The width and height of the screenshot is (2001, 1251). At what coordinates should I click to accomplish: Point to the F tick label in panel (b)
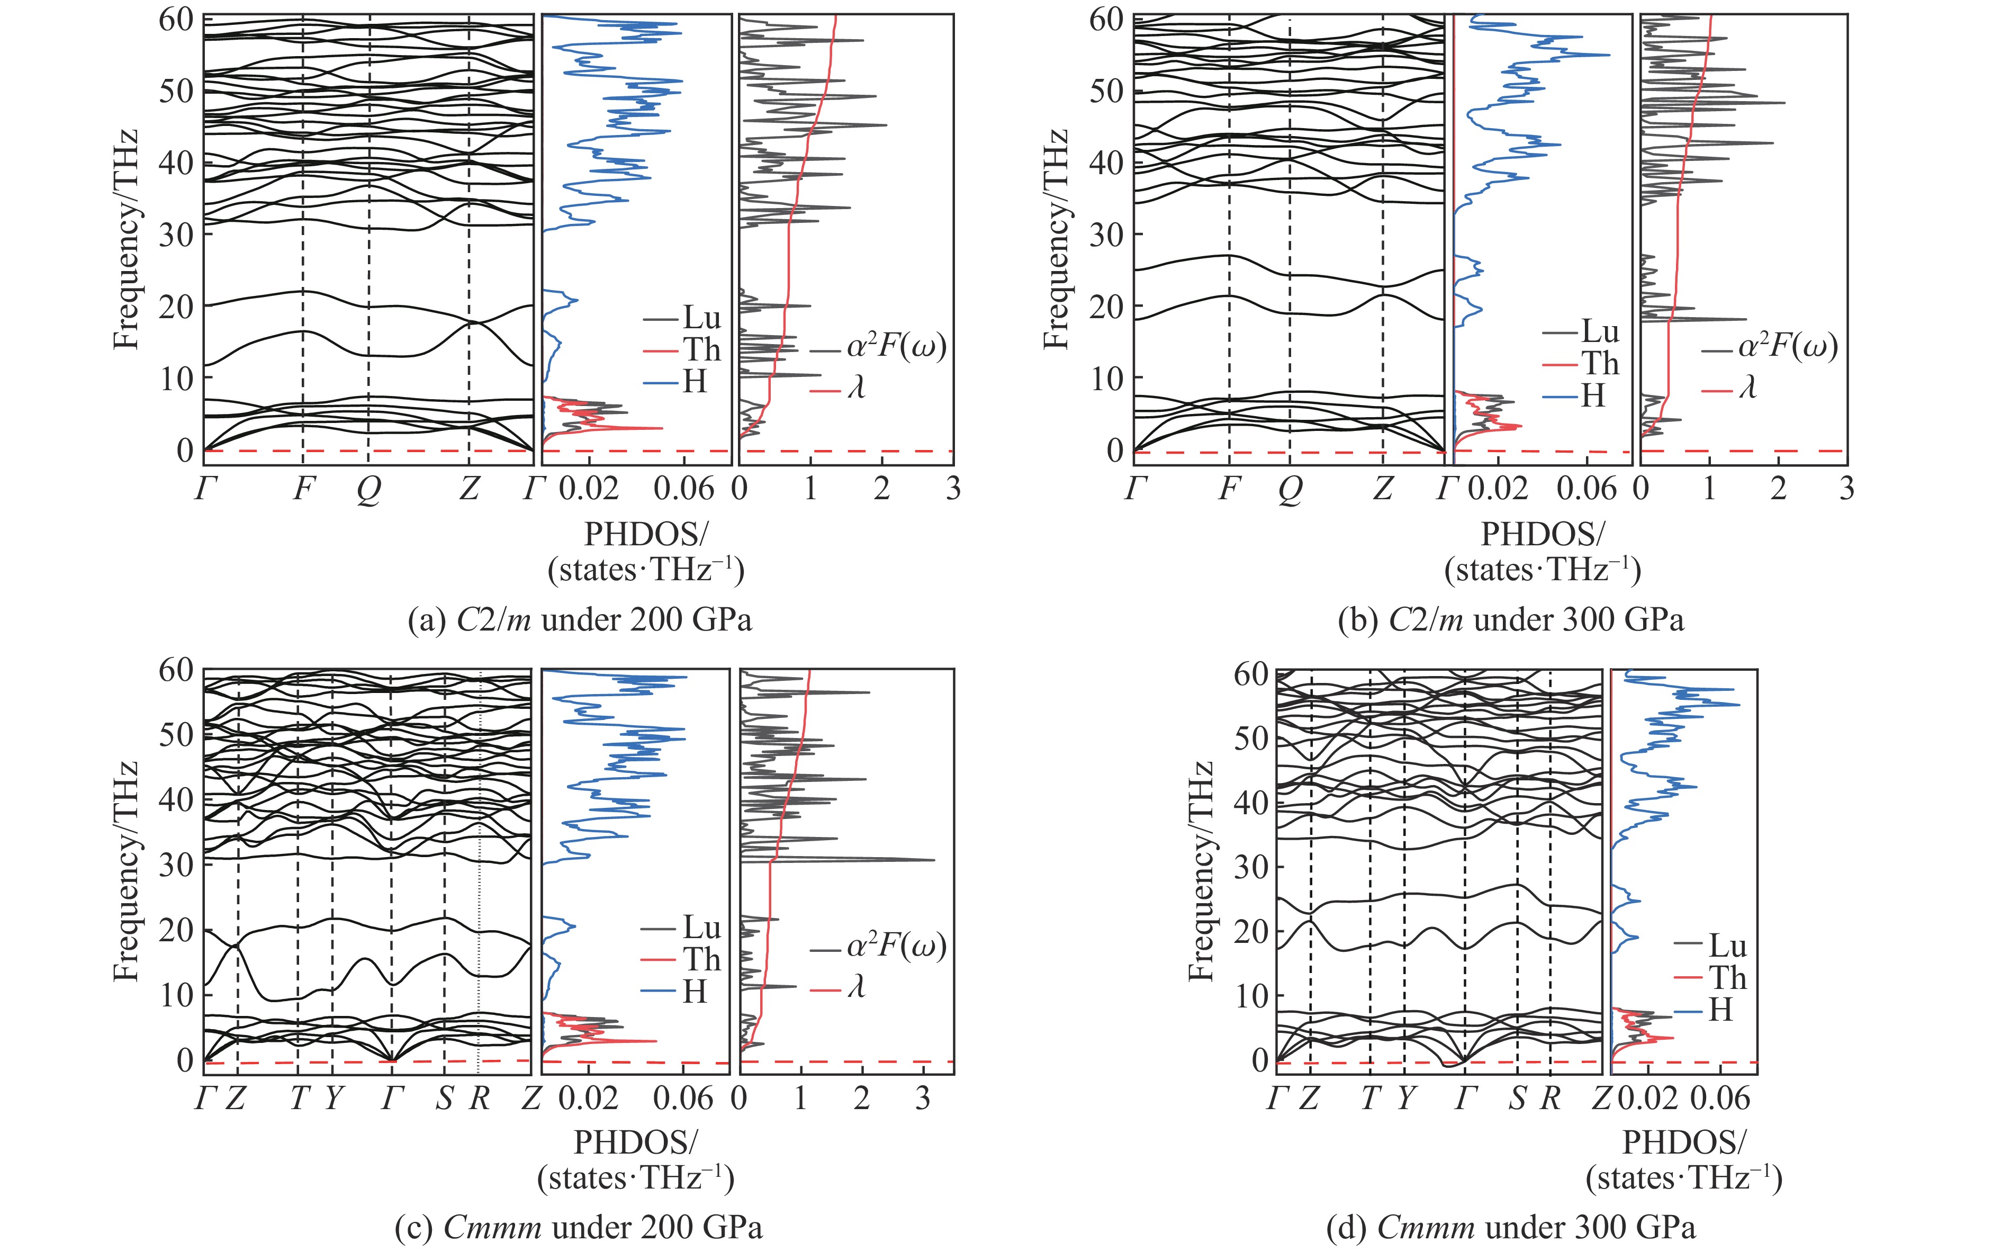point(1229,490)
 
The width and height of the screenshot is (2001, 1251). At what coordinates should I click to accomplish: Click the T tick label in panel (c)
point(299,1098)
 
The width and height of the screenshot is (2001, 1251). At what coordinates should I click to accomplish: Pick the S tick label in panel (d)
point(1516,1098)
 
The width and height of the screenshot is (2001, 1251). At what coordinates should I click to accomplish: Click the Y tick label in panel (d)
point(1404,1098)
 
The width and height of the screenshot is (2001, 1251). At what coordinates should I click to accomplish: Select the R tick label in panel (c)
point(479,1098)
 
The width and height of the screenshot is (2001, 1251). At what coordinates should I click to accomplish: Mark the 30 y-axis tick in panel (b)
point(1104,234)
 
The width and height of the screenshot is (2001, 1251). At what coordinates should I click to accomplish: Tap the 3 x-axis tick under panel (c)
point(923,1098)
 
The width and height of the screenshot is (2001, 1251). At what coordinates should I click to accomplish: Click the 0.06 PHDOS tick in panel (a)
point(683,489)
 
